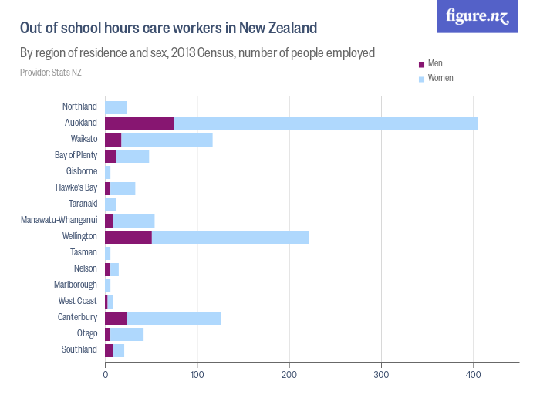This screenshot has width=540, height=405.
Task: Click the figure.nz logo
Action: pos(478,16)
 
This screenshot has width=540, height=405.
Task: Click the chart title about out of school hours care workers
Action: pos(168,29)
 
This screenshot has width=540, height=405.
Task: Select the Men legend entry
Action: pos(434,62)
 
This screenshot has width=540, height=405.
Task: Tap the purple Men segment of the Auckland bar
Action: pos(139,123)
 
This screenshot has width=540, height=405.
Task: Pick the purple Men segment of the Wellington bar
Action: pos(128,237)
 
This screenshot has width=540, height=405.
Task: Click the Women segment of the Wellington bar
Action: pos(230,237)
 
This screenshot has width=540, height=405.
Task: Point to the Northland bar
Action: pos(116,107)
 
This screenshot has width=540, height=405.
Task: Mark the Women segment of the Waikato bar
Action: pos(167,140)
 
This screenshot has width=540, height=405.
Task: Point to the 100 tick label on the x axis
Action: pos(197,374)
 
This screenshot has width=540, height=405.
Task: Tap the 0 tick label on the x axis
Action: pos(105,374)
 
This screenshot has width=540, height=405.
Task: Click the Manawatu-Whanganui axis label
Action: pos(59,220)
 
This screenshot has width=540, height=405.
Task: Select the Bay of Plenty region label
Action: pos(76,155)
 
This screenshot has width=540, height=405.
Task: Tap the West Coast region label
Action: pos(78,301)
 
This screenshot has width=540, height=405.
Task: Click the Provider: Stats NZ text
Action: pos(50,73)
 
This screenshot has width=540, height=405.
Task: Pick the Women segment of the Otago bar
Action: pos(127,334)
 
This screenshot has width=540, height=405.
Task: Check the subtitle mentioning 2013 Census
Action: pos(197,53)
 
